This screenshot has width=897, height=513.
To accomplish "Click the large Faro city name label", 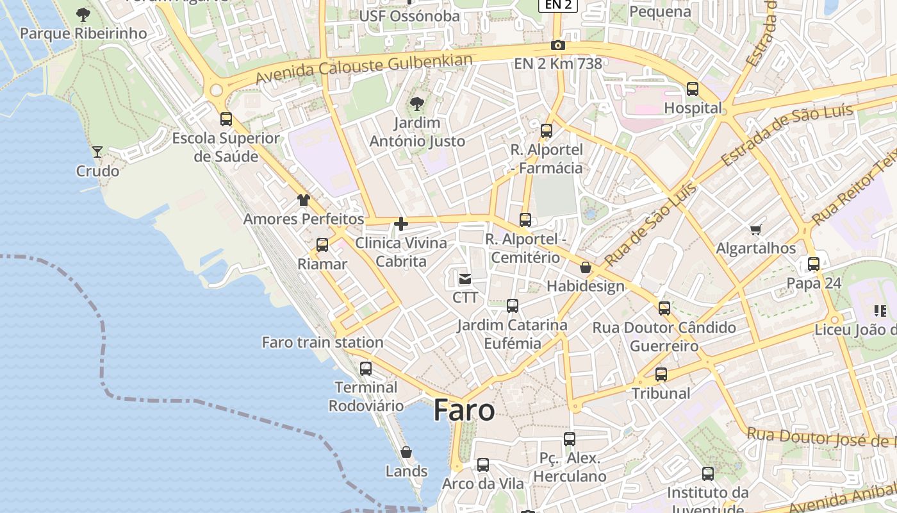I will (x=464, y=410).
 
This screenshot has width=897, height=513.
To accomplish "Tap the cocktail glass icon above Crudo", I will (x=97, y=152).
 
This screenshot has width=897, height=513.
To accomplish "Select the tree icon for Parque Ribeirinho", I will (x=83, y=14).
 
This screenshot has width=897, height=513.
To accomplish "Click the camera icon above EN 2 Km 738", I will (x=558, y=45).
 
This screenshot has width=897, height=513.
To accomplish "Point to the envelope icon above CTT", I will (x=465, y=279).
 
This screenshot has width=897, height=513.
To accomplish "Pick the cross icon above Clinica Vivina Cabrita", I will (x=401, y=224).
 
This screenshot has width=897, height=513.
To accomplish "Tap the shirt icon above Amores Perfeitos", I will (x=304, y=200).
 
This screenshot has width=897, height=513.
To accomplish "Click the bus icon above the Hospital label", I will (x=693, y=89).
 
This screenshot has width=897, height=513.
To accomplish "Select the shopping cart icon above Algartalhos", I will (x=756, y=229).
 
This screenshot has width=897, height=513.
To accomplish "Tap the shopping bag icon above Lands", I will (x=406, y=452).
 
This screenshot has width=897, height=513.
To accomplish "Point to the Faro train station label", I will (x=322, y=342).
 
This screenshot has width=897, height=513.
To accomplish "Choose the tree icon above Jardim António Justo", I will (x=417, y=103).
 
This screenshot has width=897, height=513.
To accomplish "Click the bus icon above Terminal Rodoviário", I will (x=366, y=369).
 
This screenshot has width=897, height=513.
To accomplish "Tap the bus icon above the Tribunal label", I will (x=661, y=374).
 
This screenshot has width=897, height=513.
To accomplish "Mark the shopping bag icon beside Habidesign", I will (x=585, y=268).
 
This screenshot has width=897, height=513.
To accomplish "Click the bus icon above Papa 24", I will (x=814, y=264).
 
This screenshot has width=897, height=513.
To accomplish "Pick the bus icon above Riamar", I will (x=322, y=244).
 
